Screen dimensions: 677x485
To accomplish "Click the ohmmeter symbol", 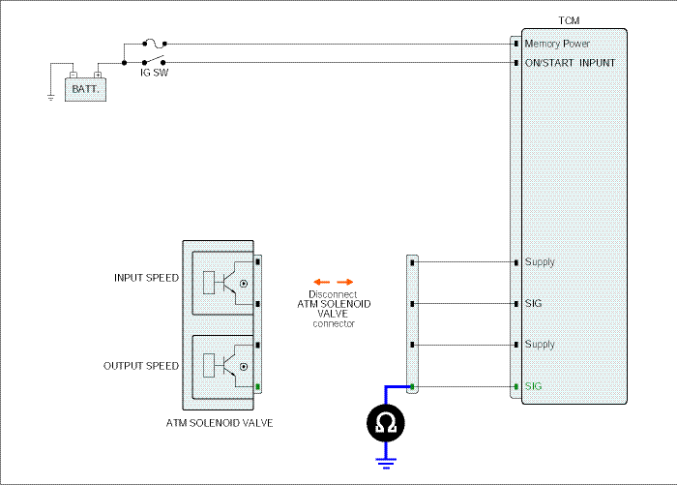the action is (x=386, y=423).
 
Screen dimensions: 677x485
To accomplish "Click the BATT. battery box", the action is (x=85, y=89).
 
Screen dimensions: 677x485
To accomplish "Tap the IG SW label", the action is (x=154, y=73).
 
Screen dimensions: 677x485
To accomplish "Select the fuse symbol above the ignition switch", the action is (x=155, y=44).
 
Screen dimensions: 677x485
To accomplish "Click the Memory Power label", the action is (x=557, y=45).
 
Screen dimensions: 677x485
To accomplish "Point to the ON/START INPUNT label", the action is (x=570, y=63).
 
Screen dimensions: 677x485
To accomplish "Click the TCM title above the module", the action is (x=569, y=20).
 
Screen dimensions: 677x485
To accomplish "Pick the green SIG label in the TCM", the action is (x=533, y=386).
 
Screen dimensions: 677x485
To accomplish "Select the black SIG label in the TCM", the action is (x=533, y=303).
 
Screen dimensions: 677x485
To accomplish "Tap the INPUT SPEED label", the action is (x=146, y=278).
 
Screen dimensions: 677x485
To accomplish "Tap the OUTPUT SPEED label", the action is (x=141, y=366).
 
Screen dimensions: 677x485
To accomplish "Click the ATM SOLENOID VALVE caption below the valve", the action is (x=220, y=423).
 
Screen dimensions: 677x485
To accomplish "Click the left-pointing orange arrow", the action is (x=322, y=283).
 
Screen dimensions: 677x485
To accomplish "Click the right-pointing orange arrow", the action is (x=345, y=283).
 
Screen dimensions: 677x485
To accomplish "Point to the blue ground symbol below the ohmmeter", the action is (x=386, y=464).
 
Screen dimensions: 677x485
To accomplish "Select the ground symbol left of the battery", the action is (x=51, y=98).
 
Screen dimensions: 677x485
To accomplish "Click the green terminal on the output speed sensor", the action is (x=258, y=386).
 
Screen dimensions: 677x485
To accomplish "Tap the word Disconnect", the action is (x=333, y=294).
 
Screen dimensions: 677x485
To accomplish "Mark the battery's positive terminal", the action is (x=98, y=76).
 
